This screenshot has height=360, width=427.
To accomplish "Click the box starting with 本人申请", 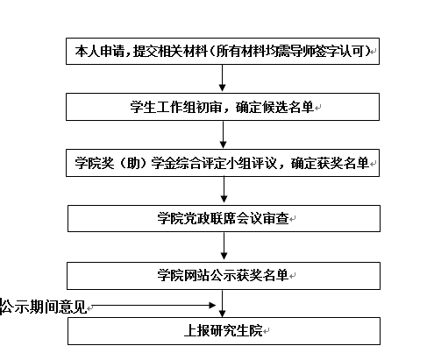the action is coord(223,51).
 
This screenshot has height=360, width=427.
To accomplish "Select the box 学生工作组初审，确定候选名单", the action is coord(223,107).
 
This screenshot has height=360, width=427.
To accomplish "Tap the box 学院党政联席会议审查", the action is coord(224,218).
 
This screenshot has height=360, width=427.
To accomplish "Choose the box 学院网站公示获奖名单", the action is coord(224,276).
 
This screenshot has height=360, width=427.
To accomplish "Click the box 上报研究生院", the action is coord(224,331).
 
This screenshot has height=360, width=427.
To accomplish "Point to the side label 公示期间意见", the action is coord(44,307).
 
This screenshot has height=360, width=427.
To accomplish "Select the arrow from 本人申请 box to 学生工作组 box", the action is coord(222,78).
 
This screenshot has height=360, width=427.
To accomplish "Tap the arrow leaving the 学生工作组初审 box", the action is coord(224,134).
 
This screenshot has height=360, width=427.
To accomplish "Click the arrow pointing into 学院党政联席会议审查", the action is coord(224,189).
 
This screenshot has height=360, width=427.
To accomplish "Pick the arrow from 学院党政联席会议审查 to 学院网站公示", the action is coord(224,246).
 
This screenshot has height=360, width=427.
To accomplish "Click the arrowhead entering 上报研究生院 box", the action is coord(222,314).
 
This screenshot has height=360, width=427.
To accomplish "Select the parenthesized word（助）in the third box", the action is coord(132,163).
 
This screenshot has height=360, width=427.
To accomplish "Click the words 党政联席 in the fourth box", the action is coord(210,218).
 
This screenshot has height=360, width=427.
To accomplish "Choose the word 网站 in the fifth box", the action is coord(196,276).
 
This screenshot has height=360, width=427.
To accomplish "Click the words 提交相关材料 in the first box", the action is coord(170,51).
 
